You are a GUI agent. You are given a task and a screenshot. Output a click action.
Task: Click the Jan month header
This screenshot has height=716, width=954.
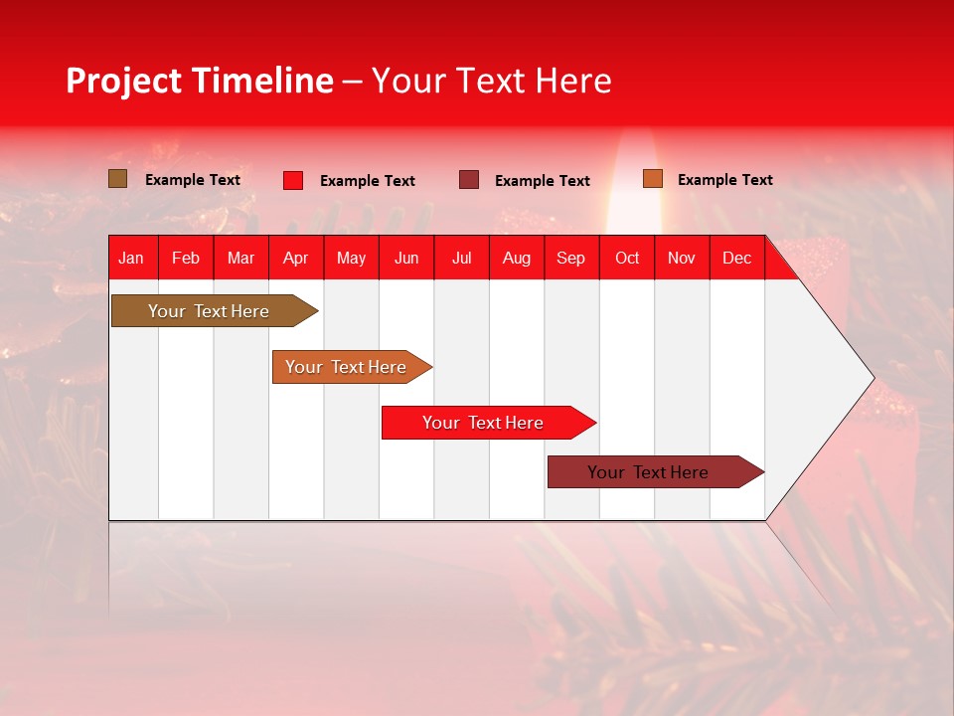tap(131, 259)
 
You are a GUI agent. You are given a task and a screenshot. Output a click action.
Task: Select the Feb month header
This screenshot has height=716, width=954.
tap(186, 259)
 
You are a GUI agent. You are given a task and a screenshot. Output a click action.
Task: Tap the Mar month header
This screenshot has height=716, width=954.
tap(240, 259)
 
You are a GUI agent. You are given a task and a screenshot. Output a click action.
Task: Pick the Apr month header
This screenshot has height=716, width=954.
tap(296, 259)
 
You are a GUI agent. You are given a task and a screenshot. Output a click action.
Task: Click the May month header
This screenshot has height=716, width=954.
tap(351, 259)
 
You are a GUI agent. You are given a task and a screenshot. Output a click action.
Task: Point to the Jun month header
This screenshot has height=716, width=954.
tap(406, 259)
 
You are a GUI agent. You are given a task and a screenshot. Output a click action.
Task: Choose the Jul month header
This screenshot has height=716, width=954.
tap(461, 259)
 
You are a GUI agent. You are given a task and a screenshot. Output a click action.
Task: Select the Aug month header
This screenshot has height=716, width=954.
tap(517, 259)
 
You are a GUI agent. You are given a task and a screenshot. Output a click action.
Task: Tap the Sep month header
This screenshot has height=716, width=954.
tap(571, 259)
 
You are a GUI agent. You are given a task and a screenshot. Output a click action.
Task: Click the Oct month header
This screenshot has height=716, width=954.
tap(627, 259)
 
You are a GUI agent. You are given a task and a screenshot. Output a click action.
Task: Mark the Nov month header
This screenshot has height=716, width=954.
tap(682, 259)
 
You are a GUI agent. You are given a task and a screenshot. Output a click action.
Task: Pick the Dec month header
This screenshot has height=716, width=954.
tap(736, 259)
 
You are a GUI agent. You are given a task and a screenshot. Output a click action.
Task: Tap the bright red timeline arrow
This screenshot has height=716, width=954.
tap(484, 423)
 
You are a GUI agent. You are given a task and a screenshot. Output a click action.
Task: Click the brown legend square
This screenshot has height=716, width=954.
tap(118, 179)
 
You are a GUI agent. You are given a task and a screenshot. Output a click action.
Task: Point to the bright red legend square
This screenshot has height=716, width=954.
tap(293, 180)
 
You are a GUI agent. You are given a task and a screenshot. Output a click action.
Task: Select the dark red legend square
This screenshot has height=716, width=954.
tap(469, 180)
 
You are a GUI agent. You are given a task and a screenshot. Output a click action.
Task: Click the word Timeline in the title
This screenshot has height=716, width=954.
tap(262, 81)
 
